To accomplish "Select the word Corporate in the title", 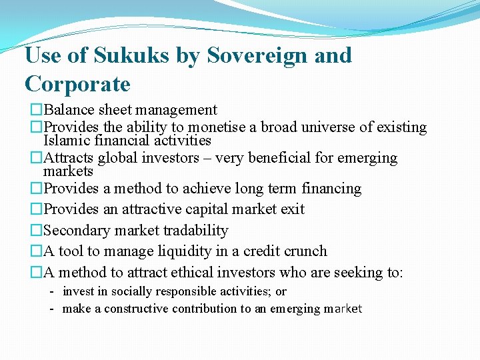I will point(77,84).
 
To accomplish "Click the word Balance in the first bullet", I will point(69,110).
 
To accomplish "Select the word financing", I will point(331,189).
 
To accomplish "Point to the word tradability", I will point(197,231).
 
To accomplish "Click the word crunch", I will point(304,251).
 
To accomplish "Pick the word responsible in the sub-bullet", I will point(181,291).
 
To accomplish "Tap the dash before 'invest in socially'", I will point(51,291).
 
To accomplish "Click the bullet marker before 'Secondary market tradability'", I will point(36,231).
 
